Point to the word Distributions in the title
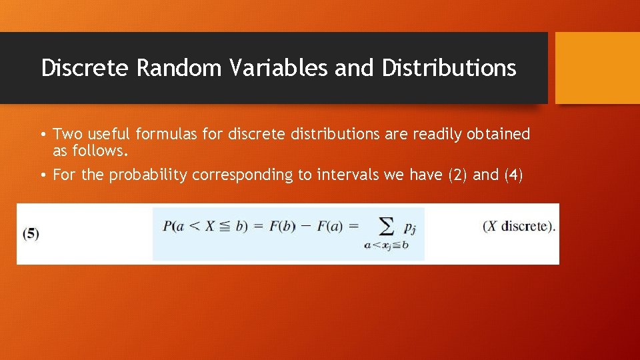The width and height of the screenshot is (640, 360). (x=449, y=68)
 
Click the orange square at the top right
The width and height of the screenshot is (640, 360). (x=597, y=68)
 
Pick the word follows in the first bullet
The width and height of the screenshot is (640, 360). (x=103, y=151)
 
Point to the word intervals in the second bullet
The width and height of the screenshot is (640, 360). (x=345, y=175)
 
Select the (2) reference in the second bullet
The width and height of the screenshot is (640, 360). (x=453, y=175)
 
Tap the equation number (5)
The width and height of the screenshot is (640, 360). (x=31, y=234)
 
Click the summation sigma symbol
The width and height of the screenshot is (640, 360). (x=385, y=227)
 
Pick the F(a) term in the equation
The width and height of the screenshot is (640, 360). (x=330, y=226)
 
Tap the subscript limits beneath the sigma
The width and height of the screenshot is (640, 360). (x=386, y=245)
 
